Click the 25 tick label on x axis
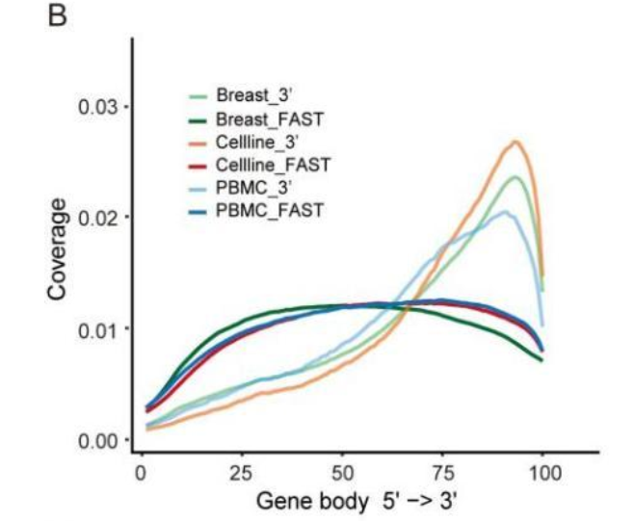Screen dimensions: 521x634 point(241,473)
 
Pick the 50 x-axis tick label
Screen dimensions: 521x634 point(343,473)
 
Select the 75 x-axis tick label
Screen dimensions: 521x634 point(443,473)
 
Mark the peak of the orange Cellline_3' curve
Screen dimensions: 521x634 point(515,142)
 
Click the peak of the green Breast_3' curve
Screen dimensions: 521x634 point(517,176)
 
